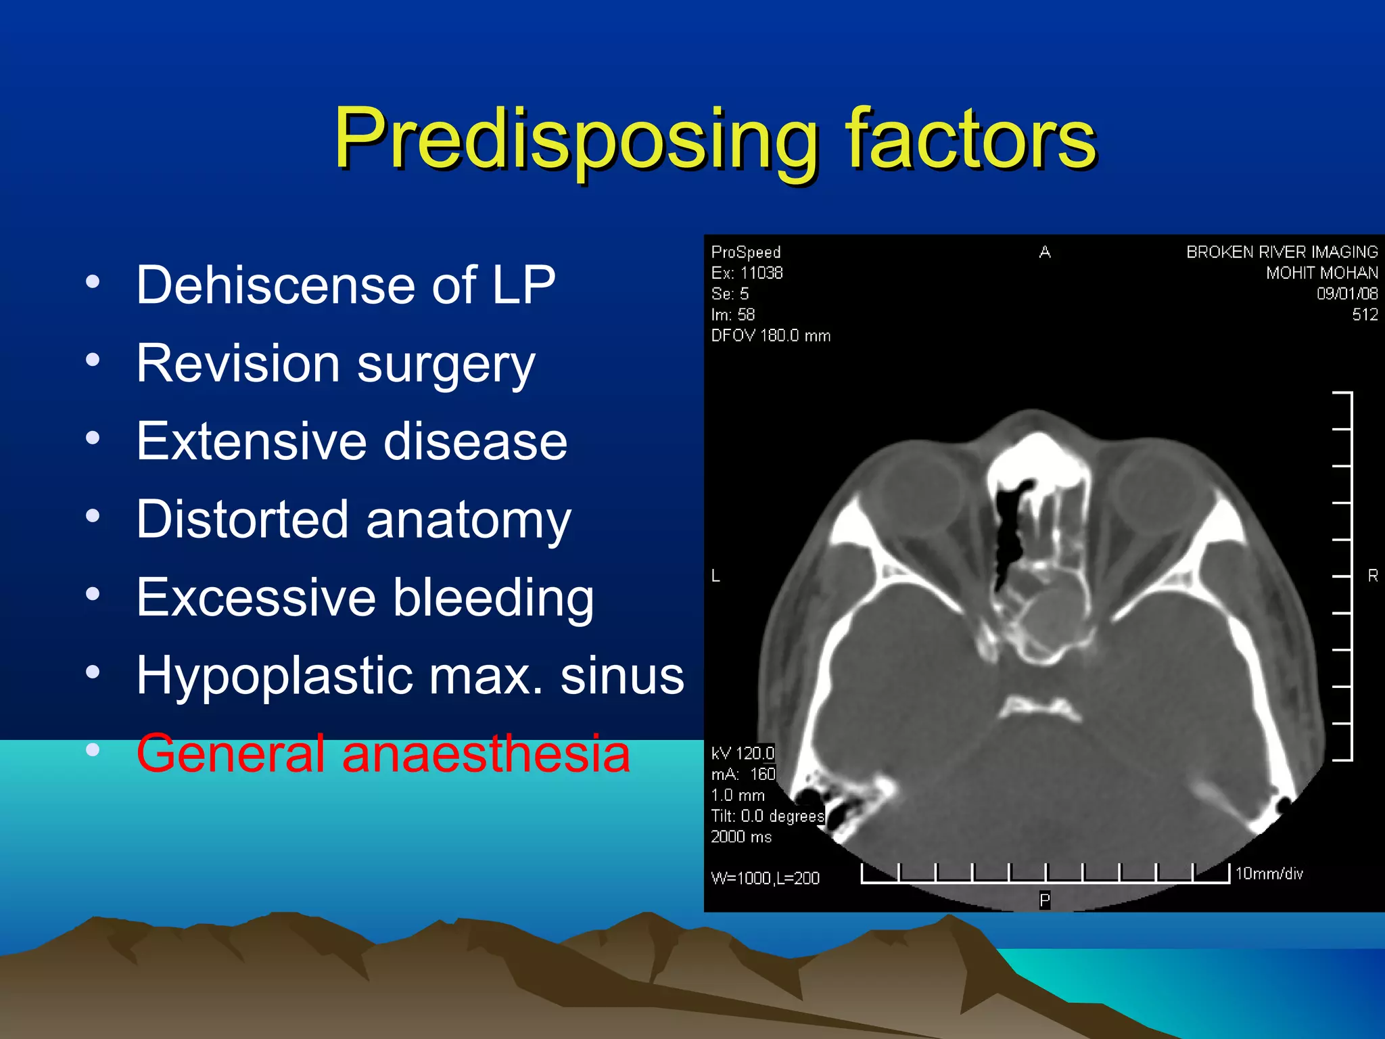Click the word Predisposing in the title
pyautogui.click(x=575, y=141)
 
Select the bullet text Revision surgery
pyautogui.click(x=335, y=364)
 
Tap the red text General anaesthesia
pyautogui.click(x=383, y=754)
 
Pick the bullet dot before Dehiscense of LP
pyautogui.click(x=93, y=281)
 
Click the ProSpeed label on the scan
pyautogui.click(x=745, y=252)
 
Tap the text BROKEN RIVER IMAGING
pyautogui.click(x=1281, y=252)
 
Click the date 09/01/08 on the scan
pyautogui.click(x=1346, y=294)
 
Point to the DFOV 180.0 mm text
pyautogui.click(x=770, y=336)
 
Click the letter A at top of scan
pyautogui.click(x=1044, y=252)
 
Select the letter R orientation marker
pyautogui.click(x=1372, y=576)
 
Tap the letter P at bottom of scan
pyautogui.click(x=1044, y=900)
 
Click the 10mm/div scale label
pyautogui.click(x=1269, y=873)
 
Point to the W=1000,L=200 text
pyautogui.click(x=765, y=878)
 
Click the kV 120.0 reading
pyautogui.click(x=742, y=753)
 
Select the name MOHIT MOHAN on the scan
pyautogui.click(x=1321, y=273)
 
